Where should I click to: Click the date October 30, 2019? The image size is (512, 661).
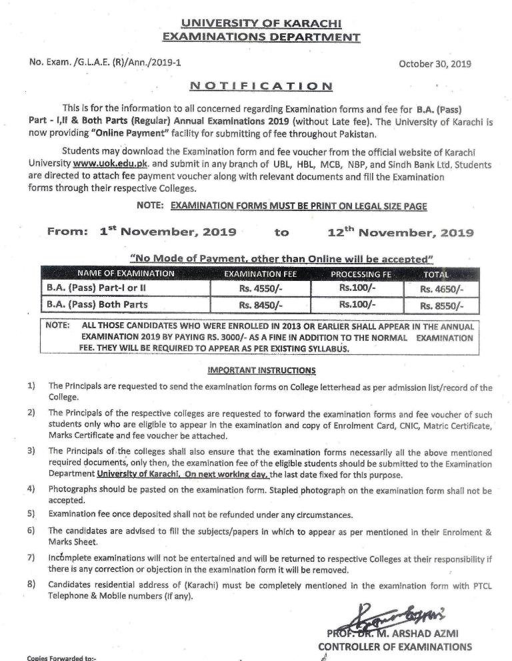pos(435,64)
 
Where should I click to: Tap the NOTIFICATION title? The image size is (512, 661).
pos(261,86)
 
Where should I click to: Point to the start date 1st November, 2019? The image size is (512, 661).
pos(168,232)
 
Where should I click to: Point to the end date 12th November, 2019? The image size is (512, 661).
pos(401,232)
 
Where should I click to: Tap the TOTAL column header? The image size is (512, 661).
pos(436,274)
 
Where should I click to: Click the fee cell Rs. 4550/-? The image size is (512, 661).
pos(261,290)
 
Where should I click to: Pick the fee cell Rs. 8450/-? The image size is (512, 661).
pos(261,306)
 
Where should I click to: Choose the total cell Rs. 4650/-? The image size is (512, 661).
pos(441,290)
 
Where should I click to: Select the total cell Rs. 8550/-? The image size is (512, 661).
pos(441,306)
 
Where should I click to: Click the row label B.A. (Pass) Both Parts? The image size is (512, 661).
pos(97,305)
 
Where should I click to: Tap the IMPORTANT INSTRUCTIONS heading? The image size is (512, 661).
pos(262,370)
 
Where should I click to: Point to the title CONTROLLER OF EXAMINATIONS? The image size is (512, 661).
pos(395,646)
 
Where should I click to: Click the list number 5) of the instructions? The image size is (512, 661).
pos(31,515)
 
